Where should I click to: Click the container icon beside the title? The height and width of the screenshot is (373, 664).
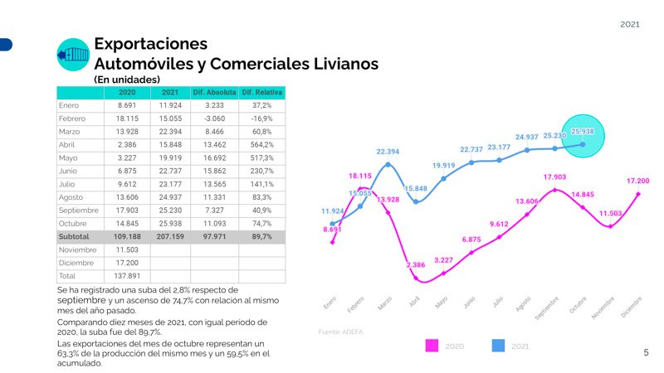pos(72,55)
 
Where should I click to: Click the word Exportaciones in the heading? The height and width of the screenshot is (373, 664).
pos(150,43)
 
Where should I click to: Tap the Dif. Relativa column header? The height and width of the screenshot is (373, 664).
pos(262,92)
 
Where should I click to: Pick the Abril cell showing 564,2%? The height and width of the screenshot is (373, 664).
pos(262,144)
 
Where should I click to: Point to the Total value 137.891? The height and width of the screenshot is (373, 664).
pos(127,275)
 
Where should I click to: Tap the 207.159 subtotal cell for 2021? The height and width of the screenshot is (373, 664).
pos(171,236)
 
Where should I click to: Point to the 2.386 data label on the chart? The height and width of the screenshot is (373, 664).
pos(416,264)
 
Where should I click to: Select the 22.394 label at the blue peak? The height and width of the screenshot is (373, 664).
pos(388,152)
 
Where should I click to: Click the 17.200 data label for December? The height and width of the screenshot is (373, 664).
pos(637,180)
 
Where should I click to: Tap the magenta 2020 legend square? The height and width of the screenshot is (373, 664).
pos(432,345)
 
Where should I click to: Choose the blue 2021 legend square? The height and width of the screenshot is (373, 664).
pos(499,345)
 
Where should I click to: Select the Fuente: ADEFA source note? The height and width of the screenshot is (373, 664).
pos(341,332)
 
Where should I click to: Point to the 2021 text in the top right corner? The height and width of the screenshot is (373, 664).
pos(630,25)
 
